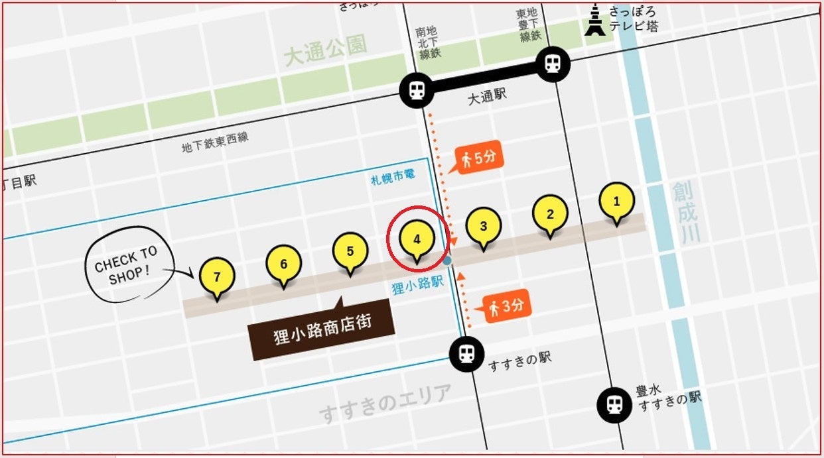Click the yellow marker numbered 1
point(616,201)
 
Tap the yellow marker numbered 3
point(483,226)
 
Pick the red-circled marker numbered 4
point(417,239)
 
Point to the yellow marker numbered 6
point(284,264)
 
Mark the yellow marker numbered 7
point(217,276)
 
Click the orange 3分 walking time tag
point(508,307)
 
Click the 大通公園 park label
point(324,51)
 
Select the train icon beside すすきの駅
point(466,353)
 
